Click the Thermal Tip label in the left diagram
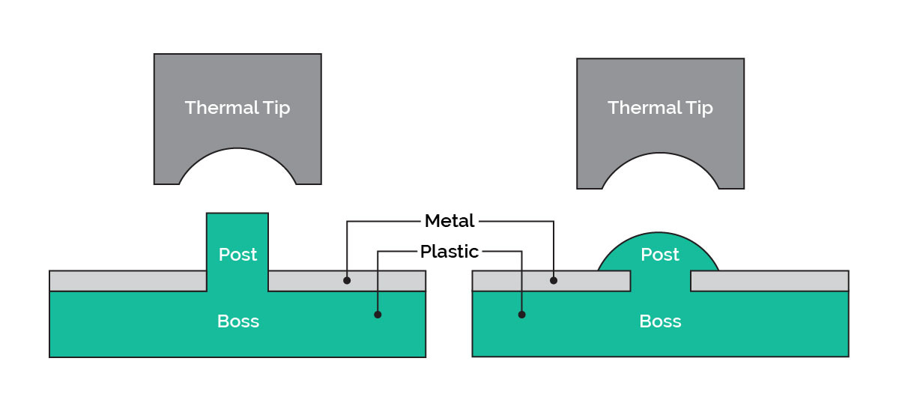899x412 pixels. pos(237,107)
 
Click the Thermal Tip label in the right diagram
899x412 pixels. pos(660,107)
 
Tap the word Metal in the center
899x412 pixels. pos(449,221)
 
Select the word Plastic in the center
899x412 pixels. pos(449,251)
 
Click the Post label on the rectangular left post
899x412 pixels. pos(237,255)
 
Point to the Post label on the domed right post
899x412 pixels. pos(660,255)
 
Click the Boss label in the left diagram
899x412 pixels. pos(237,321)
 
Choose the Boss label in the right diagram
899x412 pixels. pos(660,321)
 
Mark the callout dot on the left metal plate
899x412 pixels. pos(346,281)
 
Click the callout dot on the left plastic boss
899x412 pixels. pos(378,315)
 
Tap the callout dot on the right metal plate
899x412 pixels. pos(554,281)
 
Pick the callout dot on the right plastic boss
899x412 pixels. pos(521,315)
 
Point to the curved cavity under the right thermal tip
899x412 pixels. pos(660,174)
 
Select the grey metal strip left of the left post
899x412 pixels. pos(127,281)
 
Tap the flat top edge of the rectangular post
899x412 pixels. pos(237,214)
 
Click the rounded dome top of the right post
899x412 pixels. pos(660,234)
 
